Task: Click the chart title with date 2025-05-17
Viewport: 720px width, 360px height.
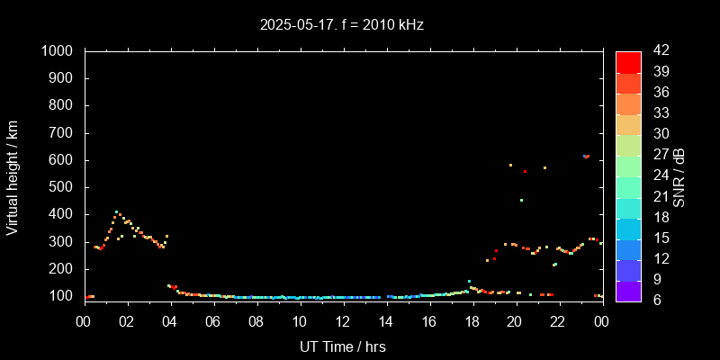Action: (341, 25)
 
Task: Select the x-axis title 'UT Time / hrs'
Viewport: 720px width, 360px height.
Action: (343, 346)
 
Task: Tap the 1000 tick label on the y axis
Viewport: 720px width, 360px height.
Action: (58, 51)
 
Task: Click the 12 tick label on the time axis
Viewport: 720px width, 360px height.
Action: (343, 321)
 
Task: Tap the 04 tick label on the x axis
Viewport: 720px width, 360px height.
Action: (170, 321)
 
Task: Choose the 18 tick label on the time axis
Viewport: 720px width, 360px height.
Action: (472, 321)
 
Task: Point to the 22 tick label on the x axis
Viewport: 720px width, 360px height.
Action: (558, 321)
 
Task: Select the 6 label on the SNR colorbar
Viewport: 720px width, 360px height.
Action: (652, 300)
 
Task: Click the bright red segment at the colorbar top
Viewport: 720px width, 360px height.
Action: (628, 61)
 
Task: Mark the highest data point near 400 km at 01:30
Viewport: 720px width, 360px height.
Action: (116, 212)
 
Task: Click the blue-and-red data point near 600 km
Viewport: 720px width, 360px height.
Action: (586, 157)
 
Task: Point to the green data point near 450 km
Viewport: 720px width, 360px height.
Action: (521, 200)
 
